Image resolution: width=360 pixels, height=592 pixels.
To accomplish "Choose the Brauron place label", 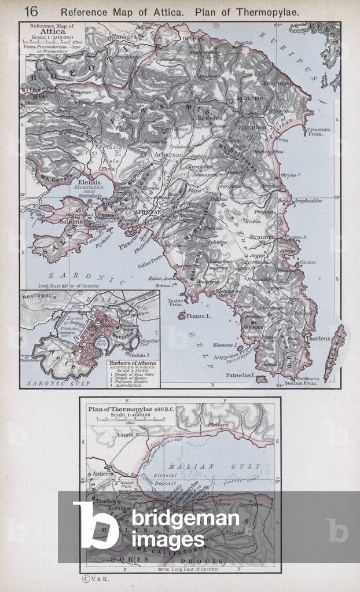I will point(264,237).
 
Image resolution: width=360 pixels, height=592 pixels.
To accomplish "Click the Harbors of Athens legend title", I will point(130,363).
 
